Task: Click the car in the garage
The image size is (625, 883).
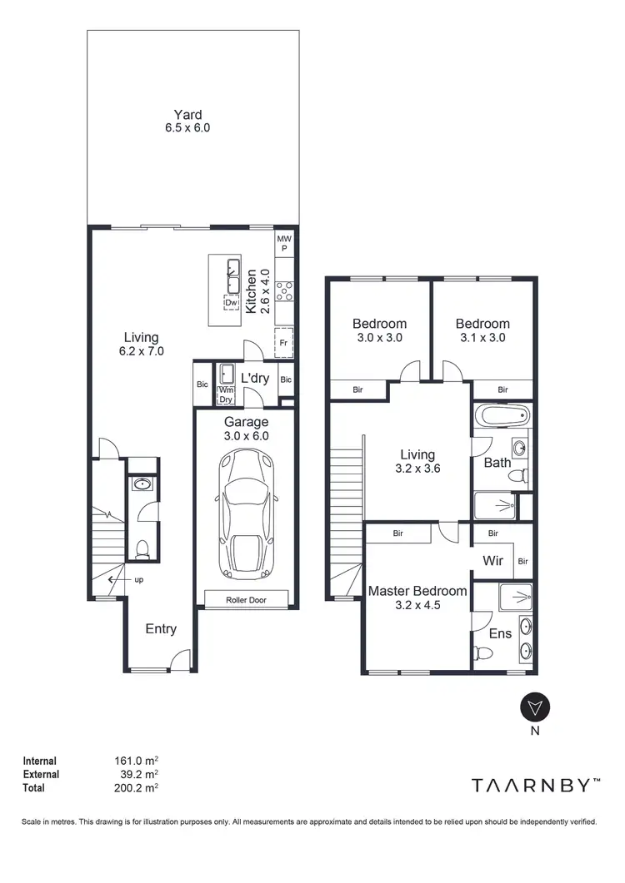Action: point(247,516)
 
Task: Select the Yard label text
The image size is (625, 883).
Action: point(187,115)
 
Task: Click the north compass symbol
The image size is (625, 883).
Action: point(533,707)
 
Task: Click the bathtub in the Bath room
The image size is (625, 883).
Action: point(502,415)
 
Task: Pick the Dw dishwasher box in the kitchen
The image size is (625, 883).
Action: point(232,303)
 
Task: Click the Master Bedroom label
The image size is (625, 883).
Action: point(417,591)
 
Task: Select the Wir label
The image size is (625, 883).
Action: point(492,561)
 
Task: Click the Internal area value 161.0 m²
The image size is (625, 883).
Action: point(136,761)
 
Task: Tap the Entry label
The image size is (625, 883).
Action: point(161,629)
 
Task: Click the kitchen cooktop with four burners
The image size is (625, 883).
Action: point(283,290)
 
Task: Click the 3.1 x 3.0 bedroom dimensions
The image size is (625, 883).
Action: point(482,338)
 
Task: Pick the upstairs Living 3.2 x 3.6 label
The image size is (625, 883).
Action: point(417,461)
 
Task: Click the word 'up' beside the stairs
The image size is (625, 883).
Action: point(138,580)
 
